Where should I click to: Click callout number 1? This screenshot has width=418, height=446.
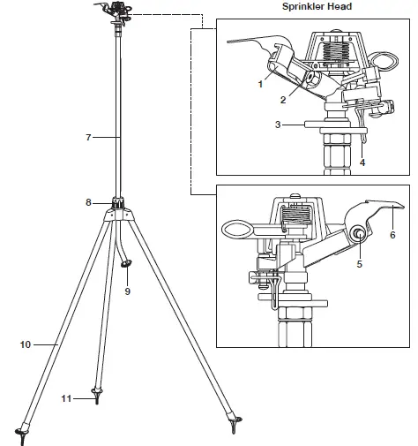click(261, 84)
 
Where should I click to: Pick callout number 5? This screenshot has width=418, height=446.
click(359, 263)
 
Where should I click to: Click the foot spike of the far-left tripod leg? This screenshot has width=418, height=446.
click(20, 433)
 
